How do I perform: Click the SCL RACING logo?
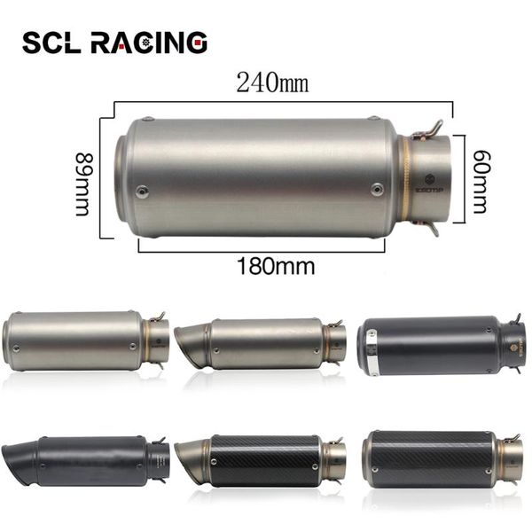tap(114, 42)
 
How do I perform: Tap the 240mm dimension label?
tap(272, 84)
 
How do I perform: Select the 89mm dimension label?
tap(83, 184)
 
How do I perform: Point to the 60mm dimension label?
tap(479, 181)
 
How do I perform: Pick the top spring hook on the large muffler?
tap(427, 129)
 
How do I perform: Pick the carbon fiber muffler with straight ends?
tap(441, 458)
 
